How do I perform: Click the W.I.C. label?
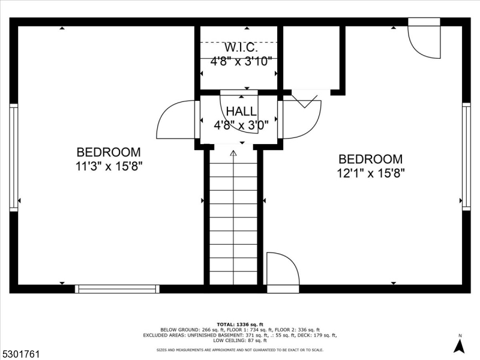241,47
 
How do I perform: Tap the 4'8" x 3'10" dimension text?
241,61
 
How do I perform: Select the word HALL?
241,112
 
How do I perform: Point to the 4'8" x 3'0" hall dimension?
241,125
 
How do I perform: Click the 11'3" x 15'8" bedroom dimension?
109,166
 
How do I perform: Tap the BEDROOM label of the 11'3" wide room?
109,152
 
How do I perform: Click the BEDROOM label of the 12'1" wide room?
371,159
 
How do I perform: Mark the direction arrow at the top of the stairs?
233,154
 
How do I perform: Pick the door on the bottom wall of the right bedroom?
282,270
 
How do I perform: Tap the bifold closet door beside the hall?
306,101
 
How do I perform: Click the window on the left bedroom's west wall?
13,158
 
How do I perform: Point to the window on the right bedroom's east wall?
466,155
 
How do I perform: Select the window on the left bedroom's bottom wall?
117,289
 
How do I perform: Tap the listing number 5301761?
20,355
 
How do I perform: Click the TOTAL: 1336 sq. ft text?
240,323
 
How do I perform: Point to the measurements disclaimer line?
240,349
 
